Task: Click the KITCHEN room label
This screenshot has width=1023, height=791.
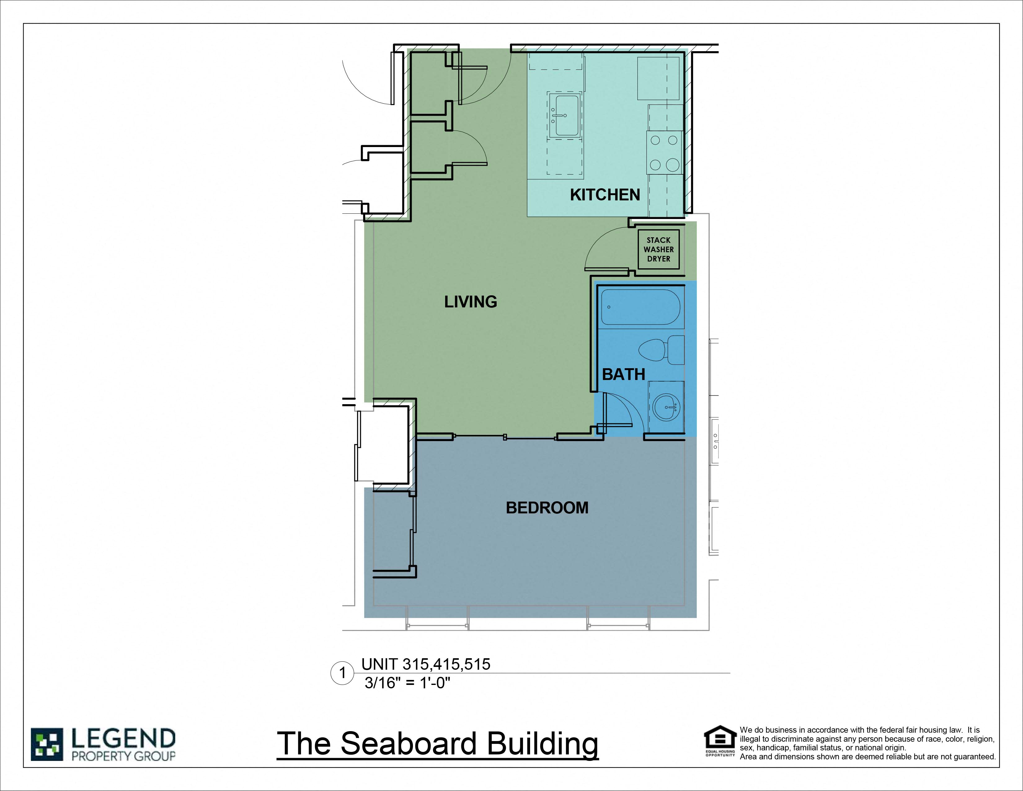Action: pyautogui.click(x=605, y=195)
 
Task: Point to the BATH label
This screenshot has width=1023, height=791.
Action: pyautogui.click(x=623, y=374)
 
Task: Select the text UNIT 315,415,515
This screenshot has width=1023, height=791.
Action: pyautogui.click(x=425, y=664)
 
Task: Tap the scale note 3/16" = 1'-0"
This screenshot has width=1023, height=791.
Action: pyautogui.click(x=407, y=683)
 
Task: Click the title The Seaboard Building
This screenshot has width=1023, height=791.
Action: pyautogui.click(x=437, y=744)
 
